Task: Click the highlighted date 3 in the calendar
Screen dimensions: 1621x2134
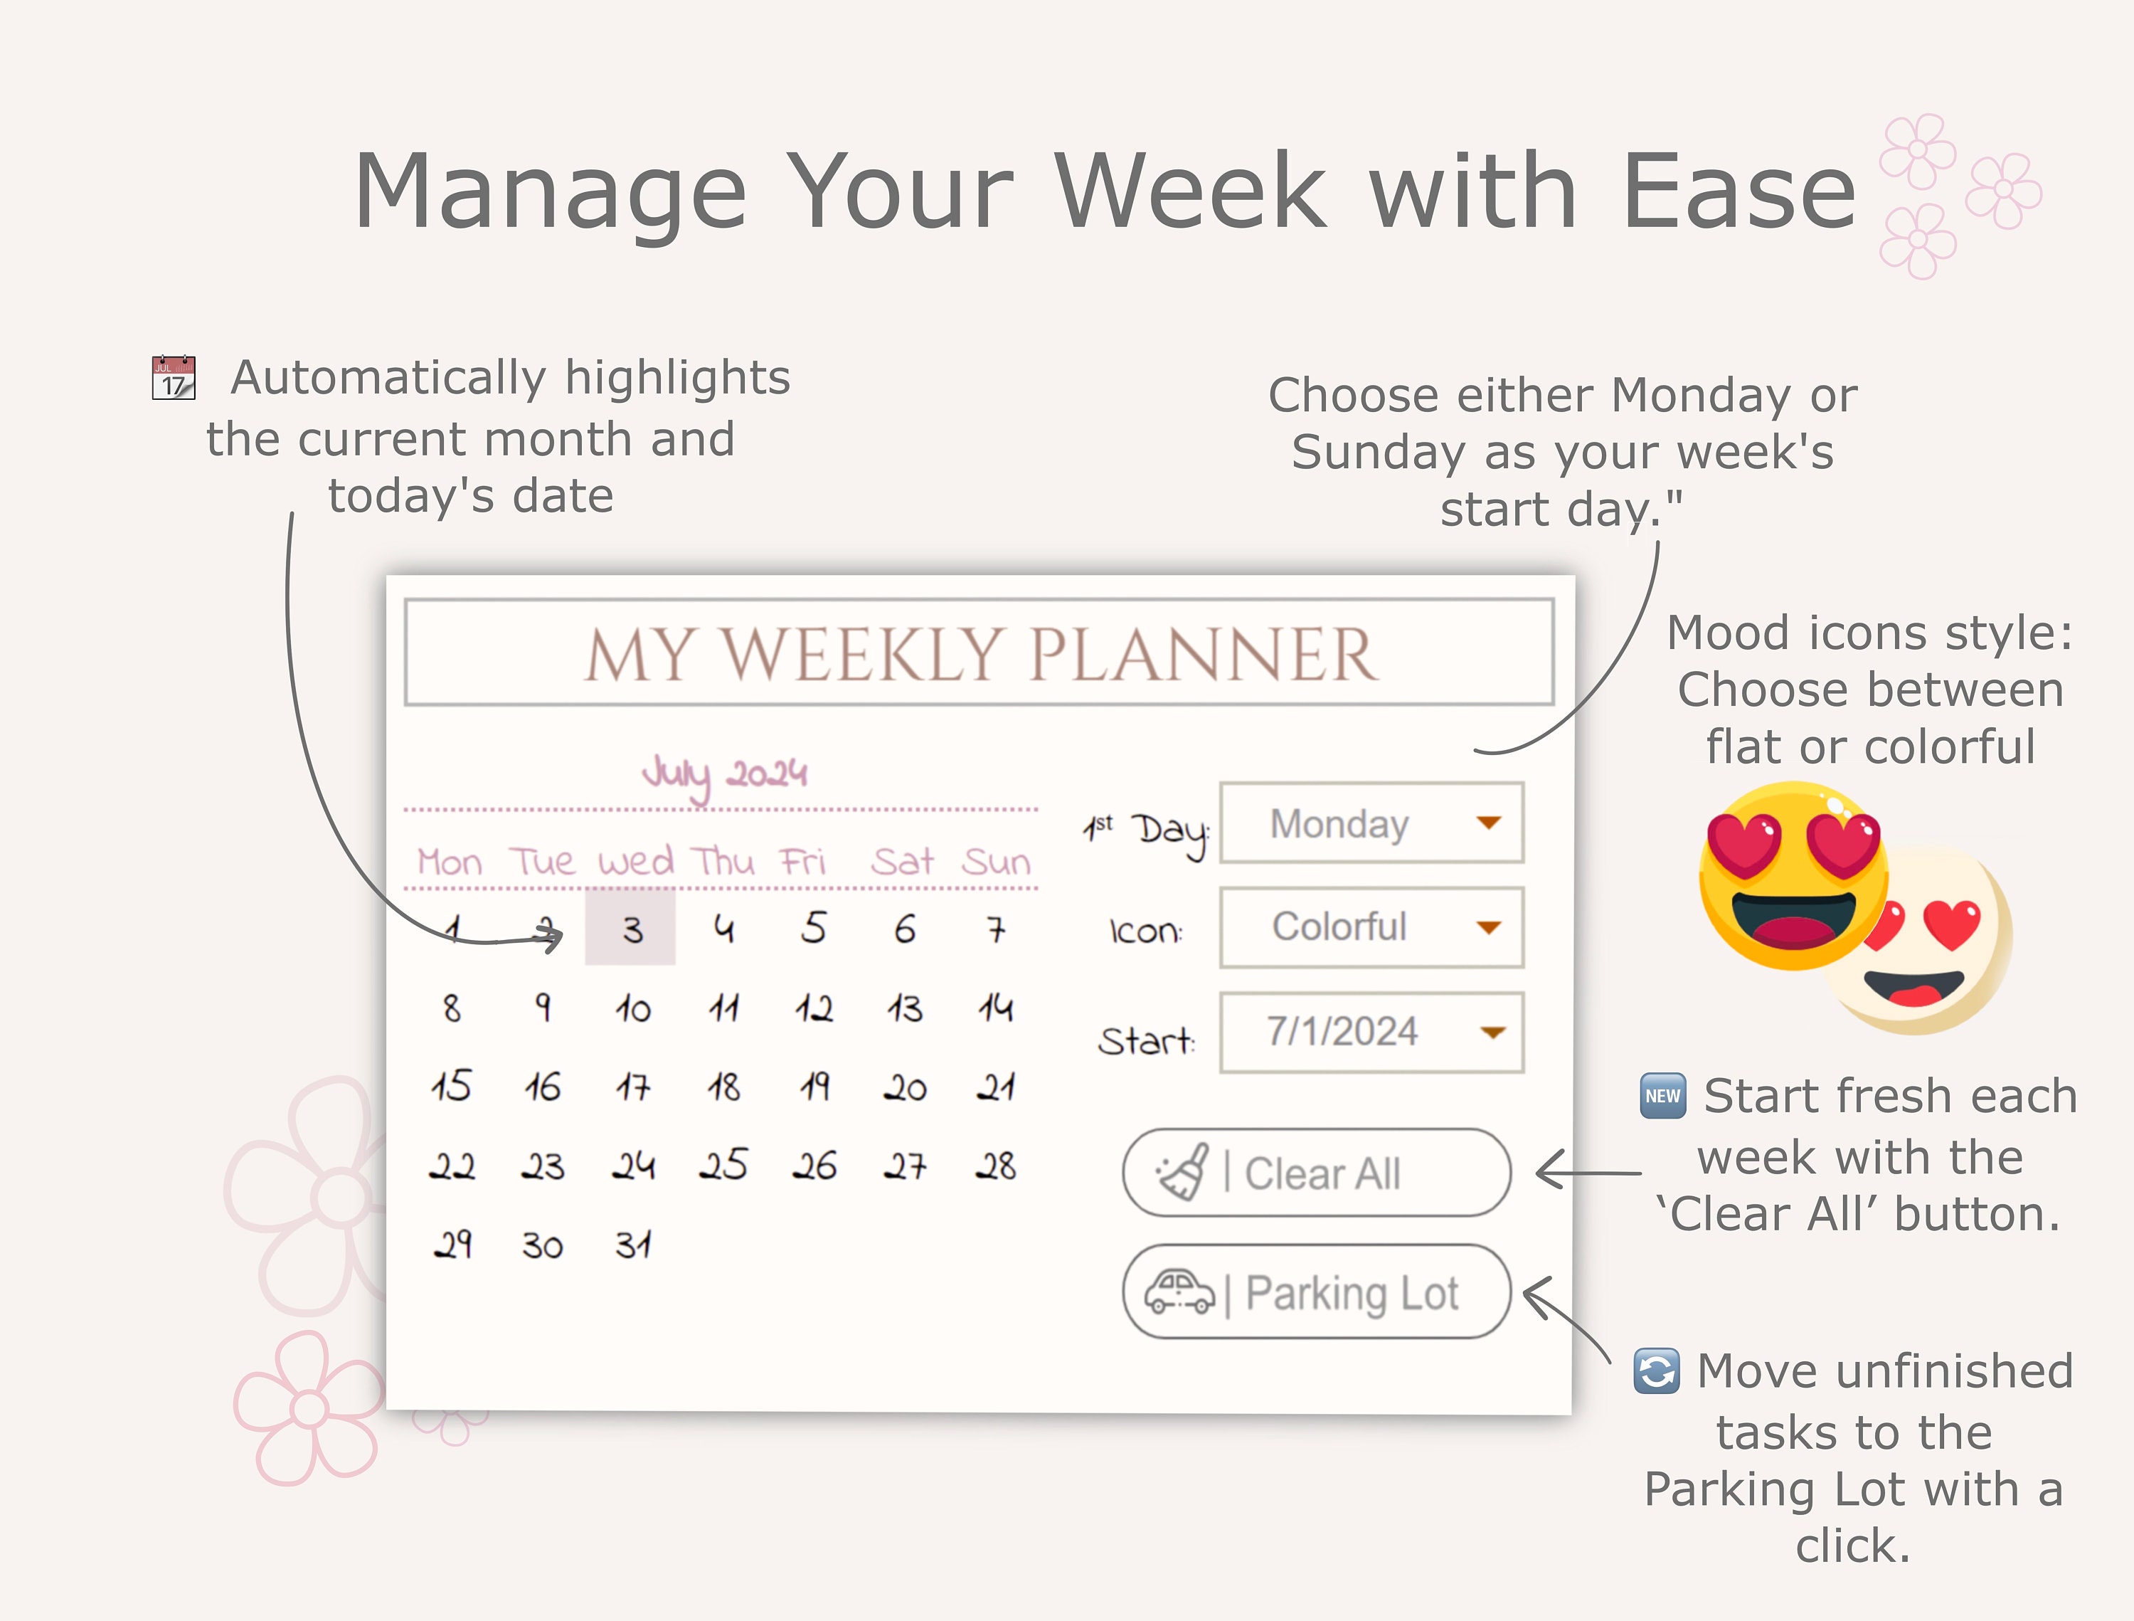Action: (x=631, y=929)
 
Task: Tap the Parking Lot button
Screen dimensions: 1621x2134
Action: (x=1317, y=1292)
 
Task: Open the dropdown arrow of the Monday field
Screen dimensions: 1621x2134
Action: (x=1489, y=823)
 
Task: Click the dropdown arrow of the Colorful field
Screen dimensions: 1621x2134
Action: (x=1489, y=927)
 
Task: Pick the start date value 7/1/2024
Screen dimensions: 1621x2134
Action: (x=1342, y=1032)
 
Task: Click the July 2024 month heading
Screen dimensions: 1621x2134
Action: (x=725, y=773)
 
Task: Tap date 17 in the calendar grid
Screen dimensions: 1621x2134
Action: (x=633, y=1087)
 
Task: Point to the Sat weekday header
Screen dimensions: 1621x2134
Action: (x=902, y=862)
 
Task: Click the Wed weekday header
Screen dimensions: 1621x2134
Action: (x=635, y=862)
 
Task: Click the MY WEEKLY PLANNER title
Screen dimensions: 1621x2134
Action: (x=980, y=654)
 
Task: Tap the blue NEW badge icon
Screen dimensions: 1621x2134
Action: (x=1662, y=1096)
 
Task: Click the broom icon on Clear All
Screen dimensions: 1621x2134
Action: (x=1184, y=1172)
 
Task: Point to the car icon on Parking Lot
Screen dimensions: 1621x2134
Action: (x=1179, y=1292)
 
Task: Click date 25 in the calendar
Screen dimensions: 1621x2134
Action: (x=723, y=1166)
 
